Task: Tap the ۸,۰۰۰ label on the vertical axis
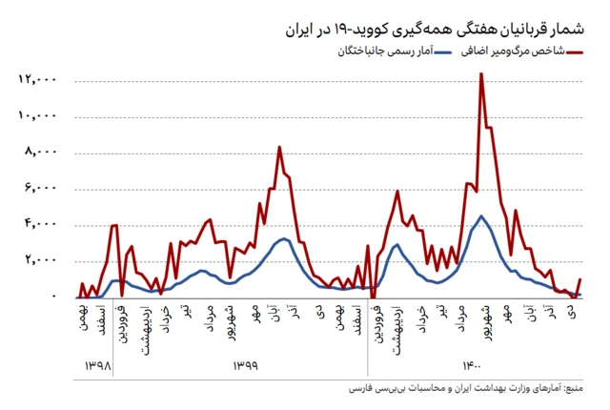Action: click(x=37, y=152)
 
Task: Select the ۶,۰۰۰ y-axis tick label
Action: click(x=37, y=188)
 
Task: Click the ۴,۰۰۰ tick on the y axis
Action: click(x=37, y=224)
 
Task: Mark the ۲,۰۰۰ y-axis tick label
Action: click(x=37, y=260)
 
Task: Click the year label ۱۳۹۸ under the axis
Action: click(x=98, y=366)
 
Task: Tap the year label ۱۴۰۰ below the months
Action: click(x=473, y=366)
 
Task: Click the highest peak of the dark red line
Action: click(x=481, y=74)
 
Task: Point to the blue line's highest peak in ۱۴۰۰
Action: click(x=481, y=216)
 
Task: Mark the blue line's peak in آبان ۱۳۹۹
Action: click(x=283, y=238)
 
